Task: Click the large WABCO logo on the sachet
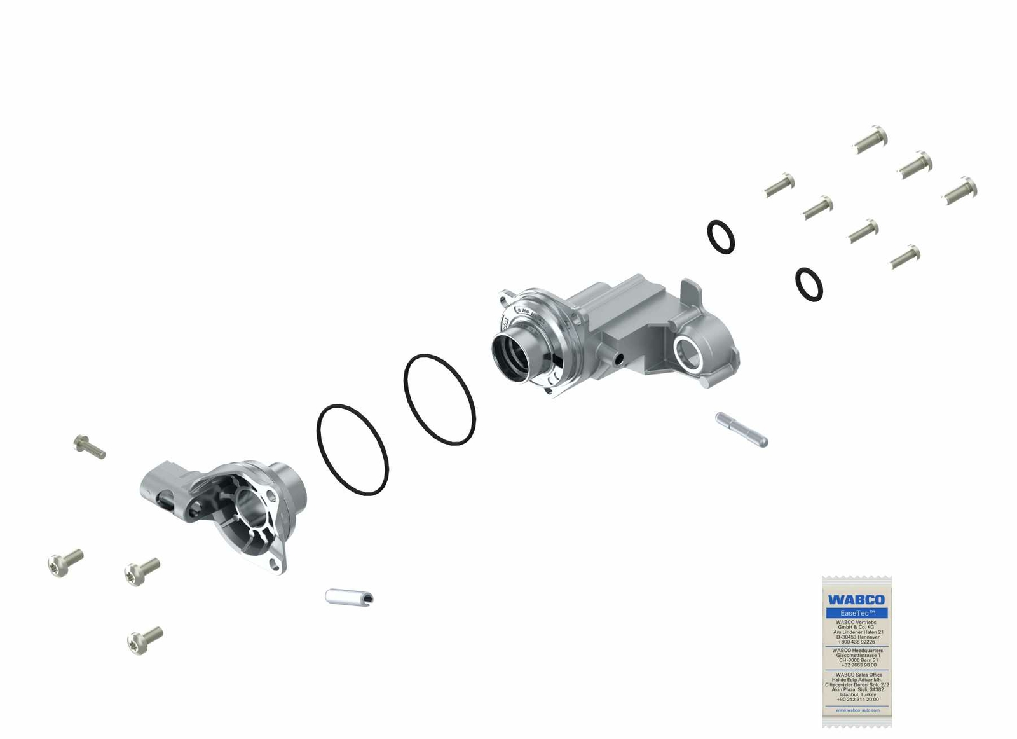856,600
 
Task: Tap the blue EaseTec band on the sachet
857,613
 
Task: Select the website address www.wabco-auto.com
857,710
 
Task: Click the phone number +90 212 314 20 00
857,700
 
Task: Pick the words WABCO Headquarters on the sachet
857,650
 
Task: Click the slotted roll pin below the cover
349,597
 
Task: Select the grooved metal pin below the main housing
741,429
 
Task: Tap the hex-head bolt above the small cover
89,446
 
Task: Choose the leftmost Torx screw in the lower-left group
65,563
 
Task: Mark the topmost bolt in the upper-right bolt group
870,139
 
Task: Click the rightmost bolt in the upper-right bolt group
960,190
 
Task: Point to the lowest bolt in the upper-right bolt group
905,256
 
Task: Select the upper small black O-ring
721,237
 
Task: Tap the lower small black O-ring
809,284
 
